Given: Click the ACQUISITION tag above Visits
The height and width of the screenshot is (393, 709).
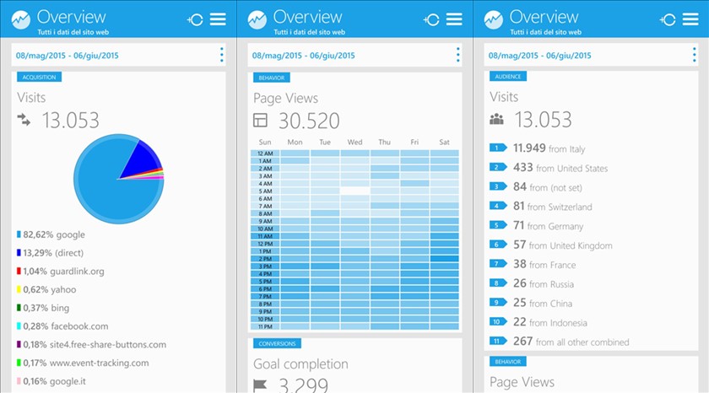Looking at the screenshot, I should [39, 77].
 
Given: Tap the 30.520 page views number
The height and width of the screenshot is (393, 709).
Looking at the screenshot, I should [309, 121].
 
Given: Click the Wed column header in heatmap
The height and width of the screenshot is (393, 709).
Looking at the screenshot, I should [354, 142].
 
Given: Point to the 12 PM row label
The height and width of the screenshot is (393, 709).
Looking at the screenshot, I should [264, 244].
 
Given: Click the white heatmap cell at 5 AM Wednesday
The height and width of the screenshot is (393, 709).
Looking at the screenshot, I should [354, 191].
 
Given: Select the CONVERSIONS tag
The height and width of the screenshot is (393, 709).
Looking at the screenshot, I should [277, 343].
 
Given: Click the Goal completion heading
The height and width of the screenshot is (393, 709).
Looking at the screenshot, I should [300, 364].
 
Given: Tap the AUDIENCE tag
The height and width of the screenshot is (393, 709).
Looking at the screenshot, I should [508, 77].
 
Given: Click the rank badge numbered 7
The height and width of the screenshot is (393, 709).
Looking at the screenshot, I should [497, 264].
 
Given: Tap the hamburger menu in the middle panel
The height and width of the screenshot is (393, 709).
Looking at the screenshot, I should [454, 19].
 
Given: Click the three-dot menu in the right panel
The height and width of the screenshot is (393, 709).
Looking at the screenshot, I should [695, 55].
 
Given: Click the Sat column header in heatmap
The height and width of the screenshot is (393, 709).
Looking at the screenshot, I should [444, 142].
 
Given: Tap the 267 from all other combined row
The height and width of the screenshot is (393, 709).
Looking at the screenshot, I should [571, 342].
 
